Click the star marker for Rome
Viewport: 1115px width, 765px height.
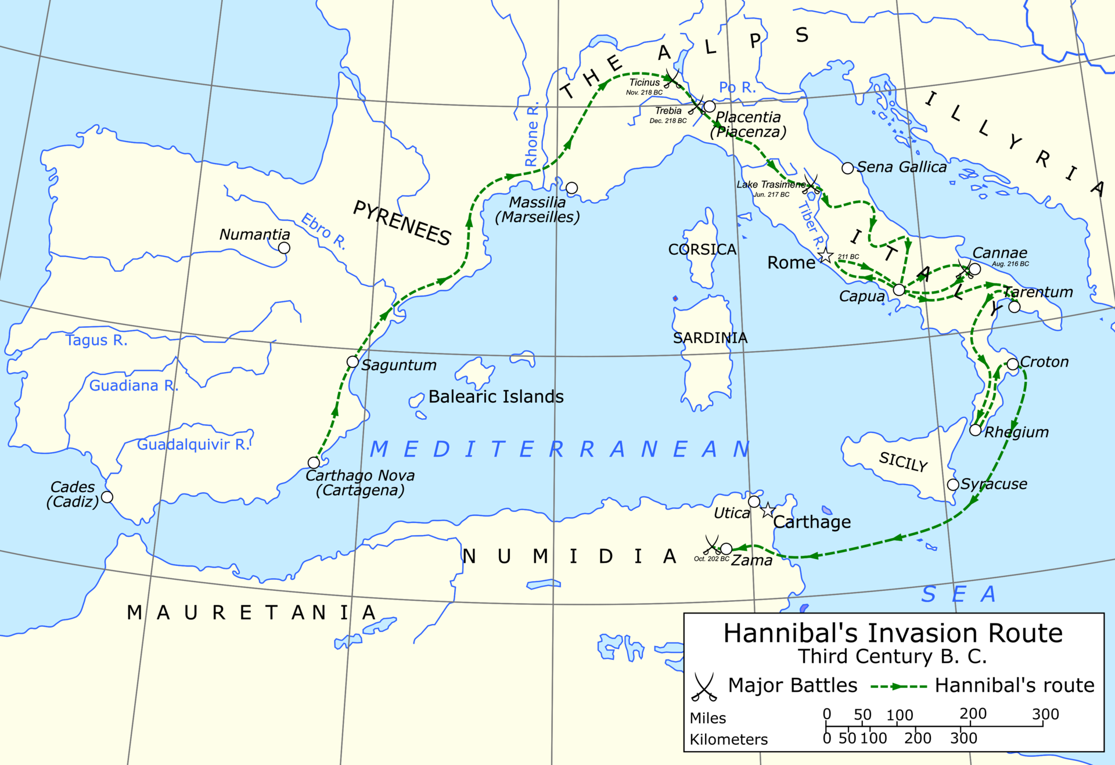coord(825,255)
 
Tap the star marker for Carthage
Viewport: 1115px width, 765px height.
coord(768,511)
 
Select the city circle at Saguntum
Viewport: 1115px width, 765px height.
coord(353,362)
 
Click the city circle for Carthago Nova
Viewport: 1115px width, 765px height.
coord(314,463)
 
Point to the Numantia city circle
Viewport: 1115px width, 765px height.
coord(284,248)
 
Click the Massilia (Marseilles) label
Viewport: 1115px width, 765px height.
coord(537,210)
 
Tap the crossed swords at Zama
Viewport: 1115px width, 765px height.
coord(712,545)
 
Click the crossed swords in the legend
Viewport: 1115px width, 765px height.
coord(704,687)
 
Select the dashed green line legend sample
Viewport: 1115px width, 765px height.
coord(898,687)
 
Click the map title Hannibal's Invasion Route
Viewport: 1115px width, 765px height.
coord(893,633)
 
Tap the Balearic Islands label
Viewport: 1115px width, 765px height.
coord(496,397)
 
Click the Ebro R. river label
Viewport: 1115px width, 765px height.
coord(323,231)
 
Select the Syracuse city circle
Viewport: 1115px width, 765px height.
coord(953,485)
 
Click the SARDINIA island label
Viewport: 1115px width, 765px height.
coord(710,338)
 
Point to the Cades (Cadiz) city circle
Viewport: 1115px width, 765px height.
coord(107,497)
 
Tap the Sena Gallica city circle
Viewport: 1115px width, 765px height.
coord(848,168)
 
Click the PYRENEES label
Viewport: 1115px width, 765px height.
coord(402,223)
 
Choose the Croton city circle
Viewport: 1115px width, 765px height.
coord(1013,364)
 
